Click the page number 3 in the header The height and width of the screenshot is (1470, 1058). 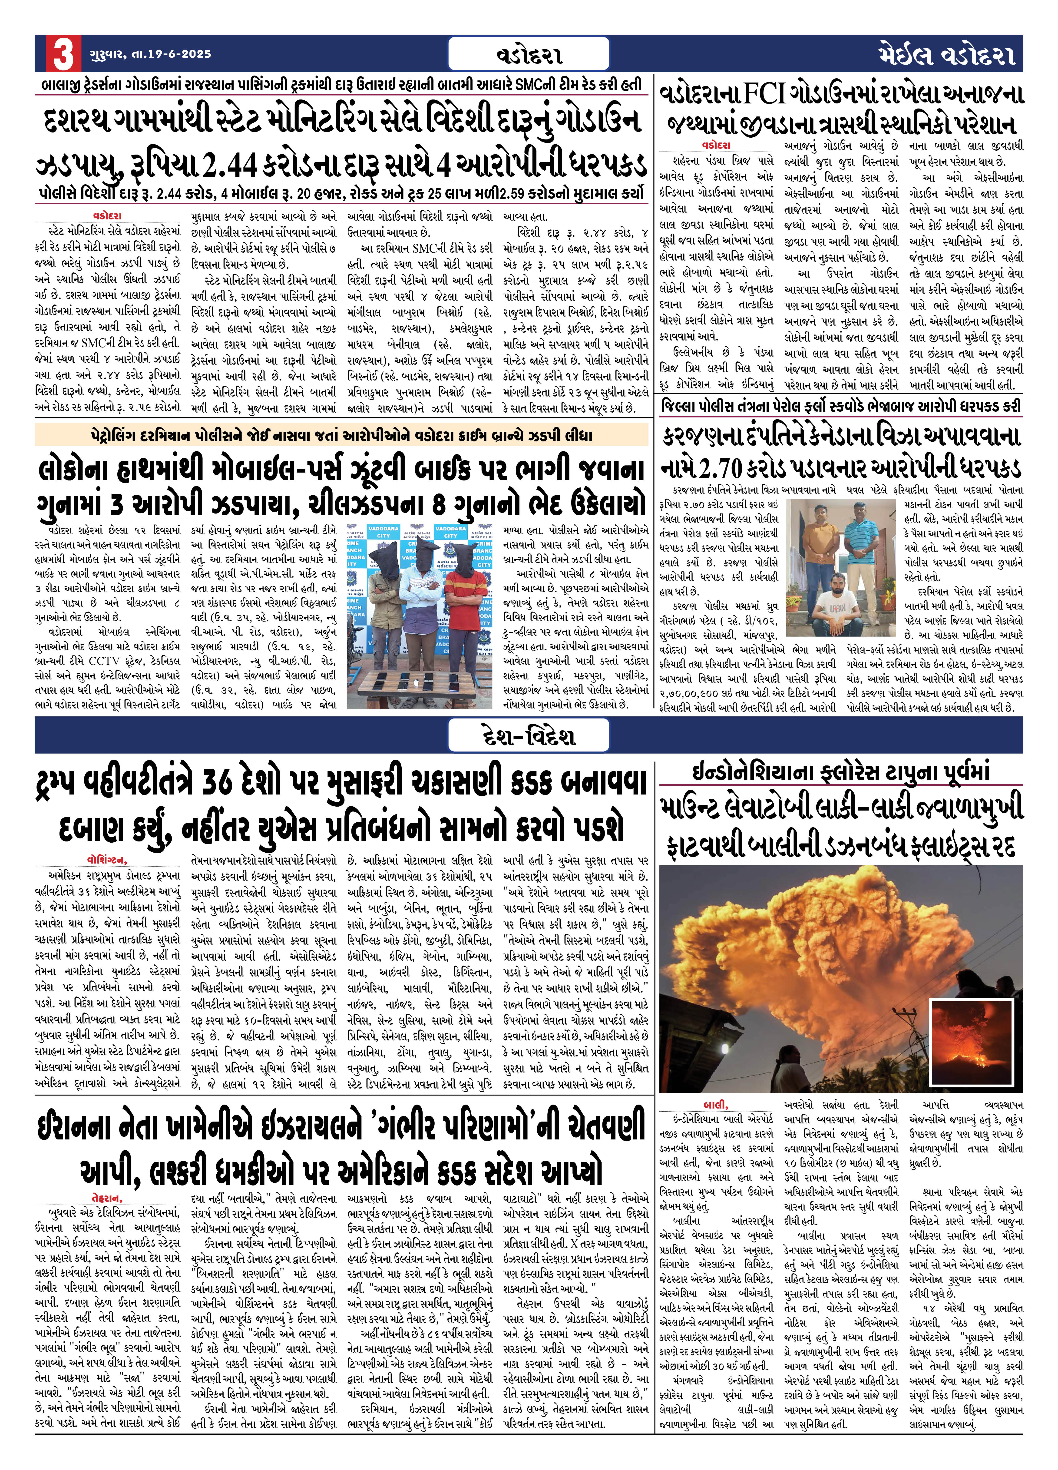click(x=63, y=54)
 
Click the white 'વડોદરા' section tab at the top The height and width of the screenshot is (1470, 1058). click(x=529, y=54)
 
